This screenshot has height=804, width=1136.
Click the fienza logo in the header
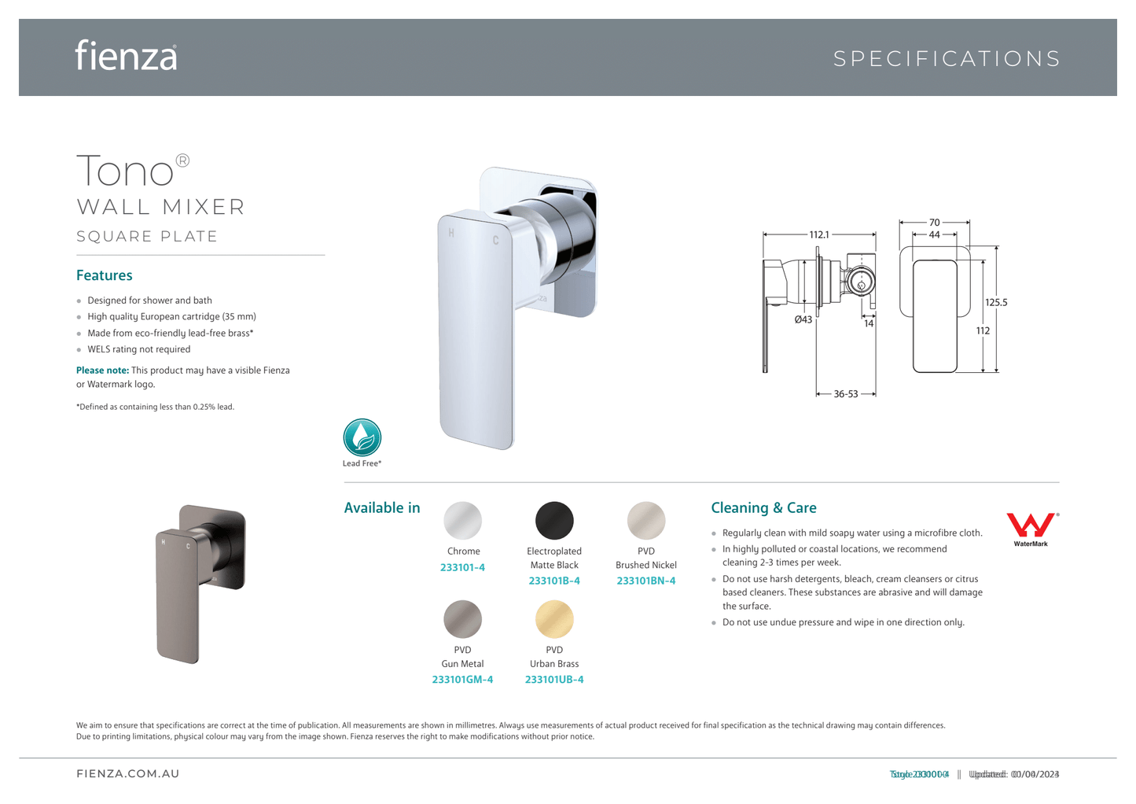(x=126, y=56)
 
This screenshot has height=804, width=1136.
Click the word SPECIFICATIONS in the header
(x=947, y=59)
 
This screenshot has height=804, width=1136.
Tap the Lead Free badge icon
(x=362, y=438)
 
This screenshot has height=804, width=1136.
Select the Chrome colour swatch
(x=463, y=521)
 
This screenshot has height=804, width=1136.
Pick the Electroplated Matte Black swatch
(x=554, y=521)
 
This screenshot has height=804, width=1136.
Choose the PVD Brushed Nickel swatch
(x=646, y=521)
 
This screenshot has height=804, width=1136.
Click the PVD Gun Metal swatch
(x=463, y=619)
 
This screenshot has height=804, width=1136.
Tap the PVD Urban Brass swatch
(x=554, y=619)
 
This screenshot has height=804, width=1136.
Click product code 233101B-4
(x=554, y=581)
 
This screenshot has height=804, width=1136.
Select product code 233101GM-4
(x=462, y=680)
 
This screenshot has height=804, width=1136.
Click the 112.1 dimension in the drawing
(x=819, y=234)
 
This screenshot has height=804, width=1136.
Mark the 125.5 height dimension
(x=996, y=302)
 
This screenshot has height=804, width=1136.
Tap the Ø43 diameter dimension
(x=803, y=319)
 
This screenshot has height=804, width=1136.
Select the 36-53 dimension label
(x=846, y=394)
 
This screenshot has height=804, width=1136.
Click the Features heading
(x=105, y=275)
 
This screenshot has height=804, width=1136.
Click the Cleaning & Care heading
(x=763, y=508)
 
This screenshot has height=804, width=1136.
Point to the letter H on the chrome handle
(x=451, y=233)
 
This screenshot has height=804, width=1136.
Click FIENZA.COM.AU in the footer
(x=128, y=774)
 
